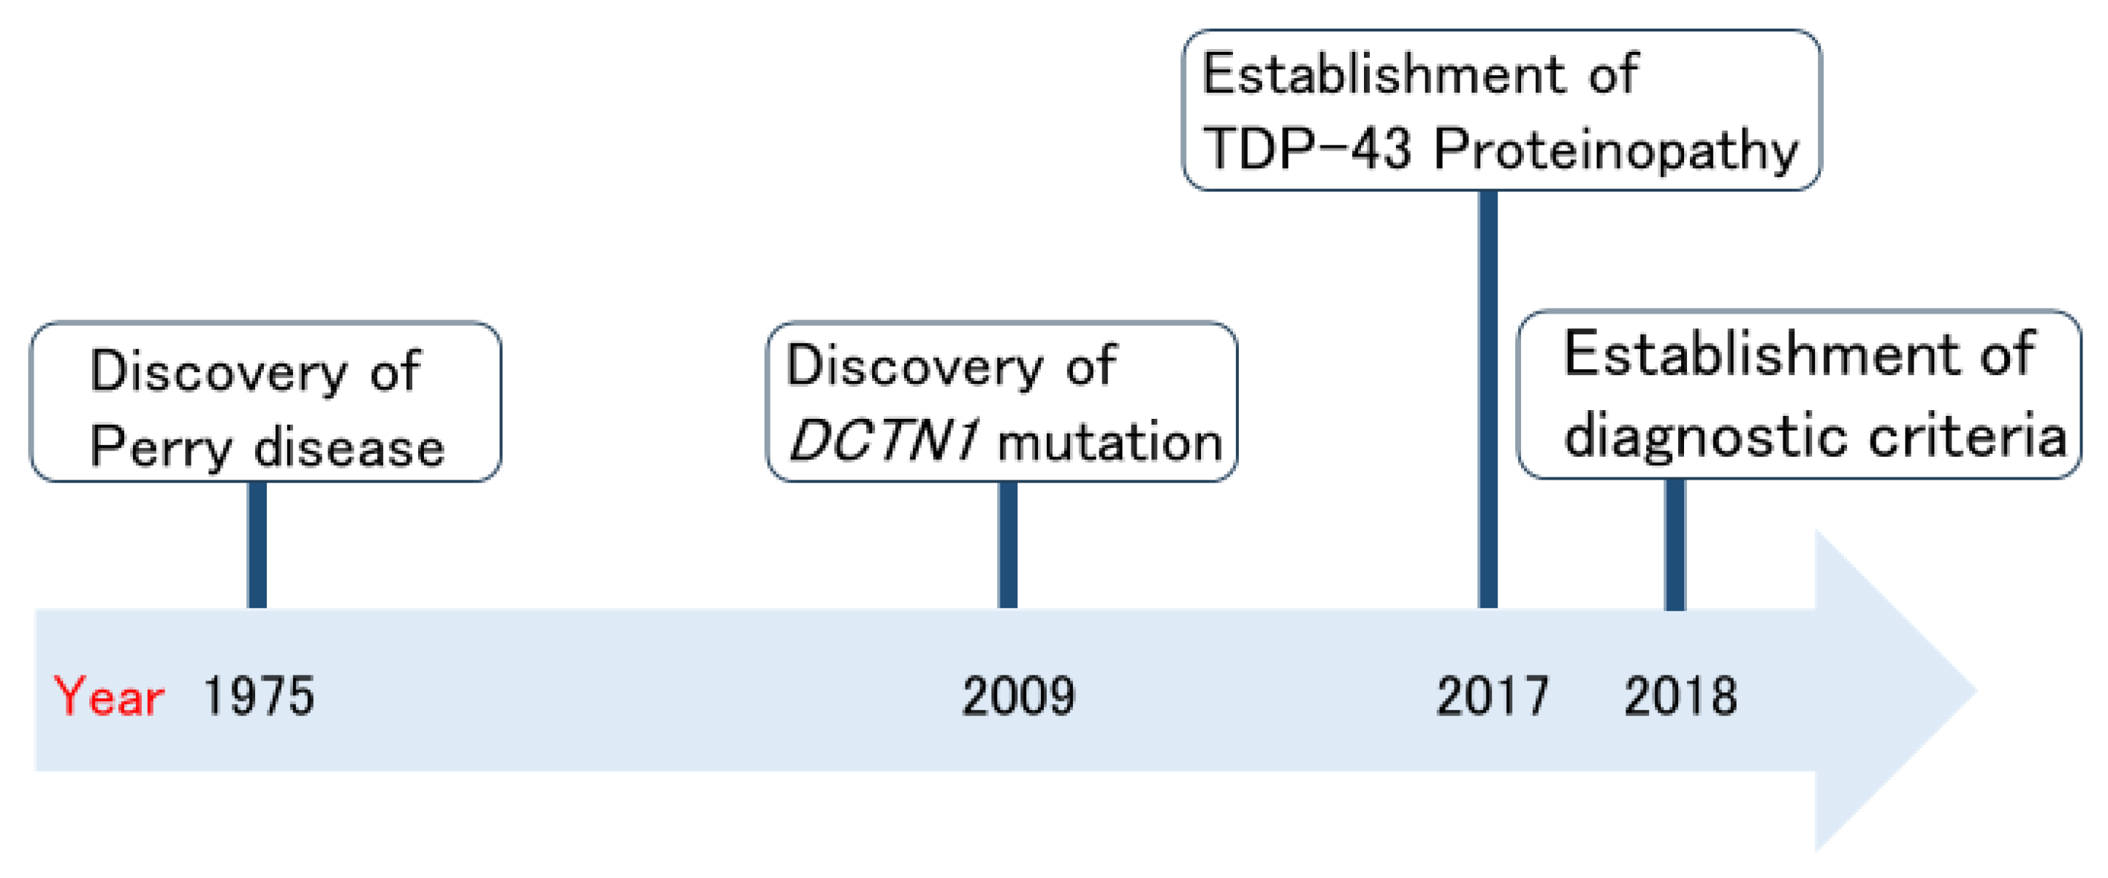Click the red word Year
pos(109,697)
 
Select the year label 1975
pos(259,697)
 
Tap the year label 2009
pos(1018,697)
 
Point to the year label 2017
pos(1492,697)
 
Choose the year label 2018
pos(1680,697)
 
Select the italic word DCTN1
pos(882,442)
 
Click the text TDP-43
pos(1308,150)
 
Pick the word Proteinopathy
pos(1615,151)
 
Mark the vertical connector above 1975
pos(257,544)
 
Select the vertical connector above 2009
pos(1007,544)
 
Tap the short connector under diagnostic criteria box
pos(1675,544)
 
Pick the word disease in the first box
pos(349,447)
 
